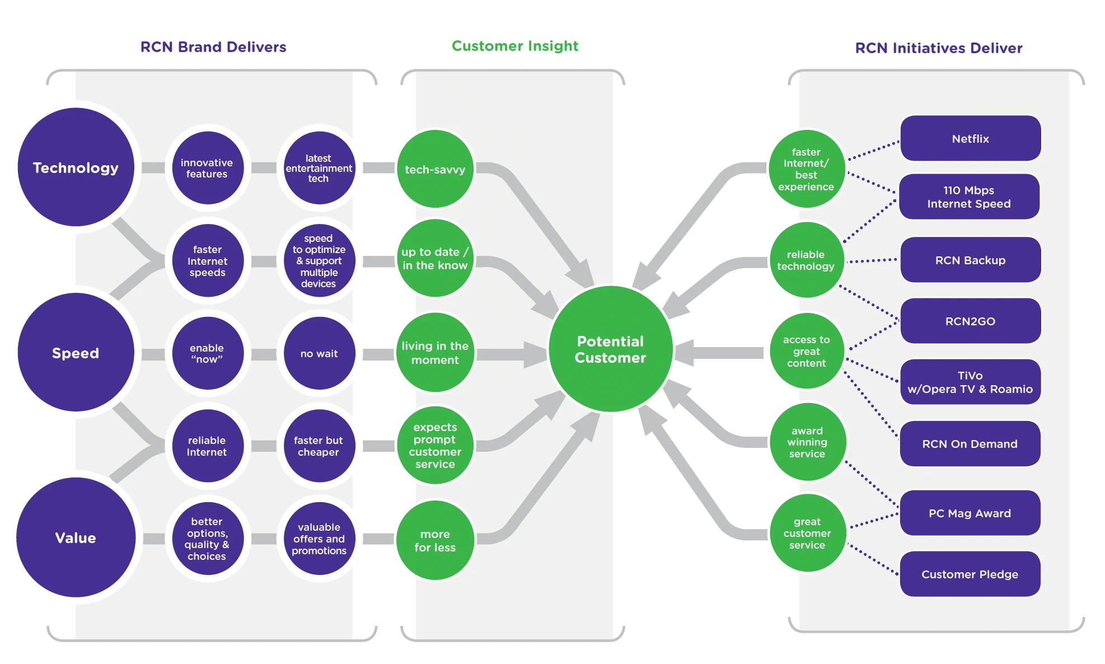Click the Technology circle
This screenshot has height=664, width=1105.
(76, 167)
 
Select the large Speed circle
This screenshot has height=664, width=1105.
(76, 353)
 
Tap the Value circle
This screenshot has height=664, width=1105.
(76, 537)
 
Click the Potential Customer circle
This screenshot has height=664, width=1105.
(610, 349)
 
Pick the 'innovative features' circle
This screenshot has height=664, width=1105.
(207, 168)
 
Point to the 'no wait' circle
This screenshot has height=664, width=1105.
(319, 353)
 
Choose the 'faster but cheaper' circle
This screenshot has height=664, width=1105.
(319, 446)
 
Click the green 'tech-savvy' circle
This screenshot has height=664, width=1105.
(435, 169)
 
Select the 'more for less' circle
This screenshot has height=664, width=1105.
(435, 540)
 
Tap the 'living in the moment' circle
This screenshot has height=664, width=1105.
(435, 353)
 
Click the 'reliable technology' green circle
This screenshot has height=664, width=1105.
(806, 260)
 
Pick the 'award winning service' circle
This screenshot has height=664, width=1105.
(807, 442)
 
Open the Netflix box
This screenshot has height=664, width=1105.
(970, 138)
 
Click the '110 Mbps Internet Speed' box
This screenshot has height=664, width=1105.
(969, 197)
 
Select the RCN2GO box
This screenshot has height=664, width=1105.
(970, 321)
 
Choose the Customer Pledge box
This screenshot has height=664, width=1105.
(970, 574)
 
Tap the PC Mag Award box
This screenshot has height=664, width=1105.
(970, 513)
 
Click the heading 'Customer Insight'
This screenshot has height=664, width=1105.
(515, 46)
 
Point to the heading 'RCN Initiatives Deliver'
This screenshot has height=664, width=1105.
(939, 48)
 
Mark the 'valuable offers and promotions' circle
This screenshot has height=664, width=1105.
(319, 539)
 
